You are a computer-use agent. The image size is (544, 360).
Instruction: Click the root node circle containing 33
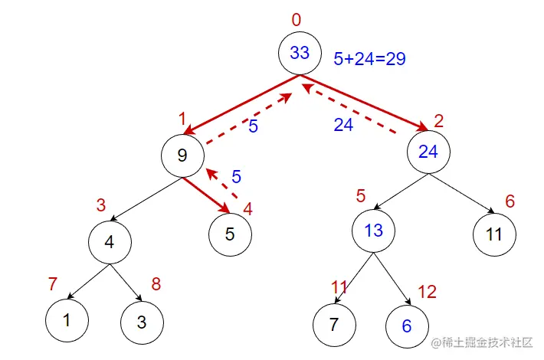[300, 53]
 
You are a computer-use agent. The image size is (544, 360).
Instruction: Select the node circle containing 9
[182, 156]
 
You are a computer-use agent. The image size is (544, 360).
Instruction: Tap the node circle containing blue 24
[428, 152]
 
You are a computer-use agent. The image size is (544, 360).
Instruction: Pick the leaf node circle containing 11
[493, 234]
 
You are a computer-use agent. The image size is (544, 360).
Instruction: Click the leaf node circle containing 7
[333, 324]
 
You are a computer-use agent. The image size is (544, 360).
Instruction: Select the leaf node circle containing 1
[67, 321]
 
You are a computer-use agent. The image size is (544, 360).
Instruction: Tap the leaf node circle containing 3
[141, 321]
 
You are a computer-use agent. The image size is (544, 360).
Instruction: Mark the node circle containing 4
[110, 242]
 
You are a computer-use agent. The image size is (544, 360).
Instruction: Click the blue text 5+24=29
[369, 58]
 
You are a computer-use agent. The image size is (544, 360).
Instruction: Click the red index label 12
[426, 291]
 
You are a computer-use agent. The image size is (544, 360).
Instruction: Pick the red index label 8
[156, 284]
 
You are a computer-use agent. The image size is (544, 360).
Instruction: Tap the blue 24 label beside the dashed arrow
[343, 125]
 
